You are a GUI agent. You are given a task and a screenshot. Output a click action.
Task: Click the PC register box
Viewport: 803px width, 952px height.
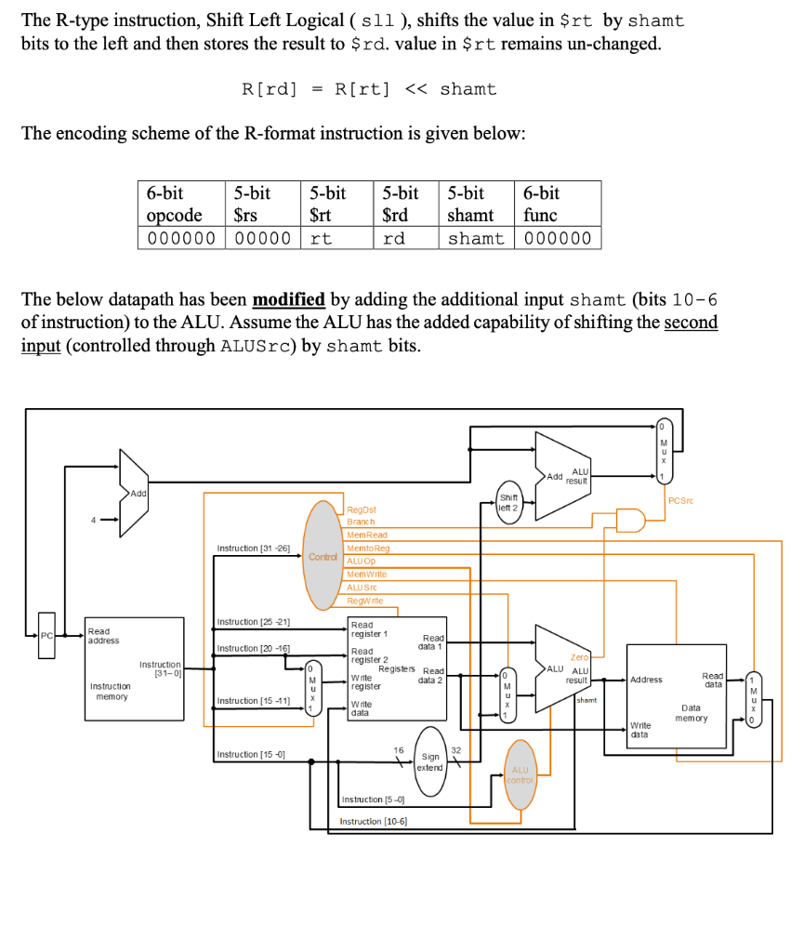(46, 635)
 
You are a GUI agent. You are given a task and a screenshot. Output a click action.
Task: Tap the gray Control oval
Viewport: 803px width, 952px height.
(324, 555)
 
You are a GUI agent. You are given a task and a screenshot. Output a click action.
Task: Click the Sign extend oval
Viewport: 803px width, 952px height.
(430, 762)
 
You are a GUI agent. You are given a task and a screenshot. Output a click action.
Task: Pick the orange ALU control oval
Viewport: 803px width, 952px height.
(520, 773)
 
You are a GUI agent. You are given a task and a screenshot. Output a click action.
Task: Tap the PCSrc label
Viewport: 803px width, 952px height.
(681, 501)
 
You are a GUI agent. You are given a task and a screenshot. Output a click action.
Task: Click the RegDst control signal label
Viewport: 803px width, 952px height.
(361, 510)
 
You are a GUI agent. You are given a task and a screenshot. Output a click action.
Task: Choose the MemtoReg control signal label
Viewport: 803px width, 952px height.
(367, 549)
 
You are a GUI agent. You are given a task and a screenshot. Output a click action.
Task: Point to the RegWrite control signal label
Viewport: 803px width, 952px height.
(364, 601)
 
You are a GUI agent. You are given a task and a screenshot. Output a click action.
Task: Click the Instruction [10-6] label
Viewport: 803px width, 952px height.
(373, 821)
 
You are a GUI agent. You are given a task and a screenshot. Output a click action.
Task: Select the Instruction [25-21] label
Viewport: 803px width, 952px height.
(254, 621)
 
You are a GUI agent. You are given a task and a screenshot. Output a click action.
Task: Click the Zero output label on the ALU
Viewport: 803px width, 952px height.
(581, 657)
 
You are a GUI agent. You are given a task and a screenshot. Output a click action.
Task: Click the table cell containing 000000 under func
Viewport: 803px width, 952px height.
(558, 238)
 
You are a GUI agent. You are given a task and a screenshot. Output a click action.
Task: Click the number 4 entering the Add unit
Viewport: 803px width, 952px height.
(93, 520)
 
